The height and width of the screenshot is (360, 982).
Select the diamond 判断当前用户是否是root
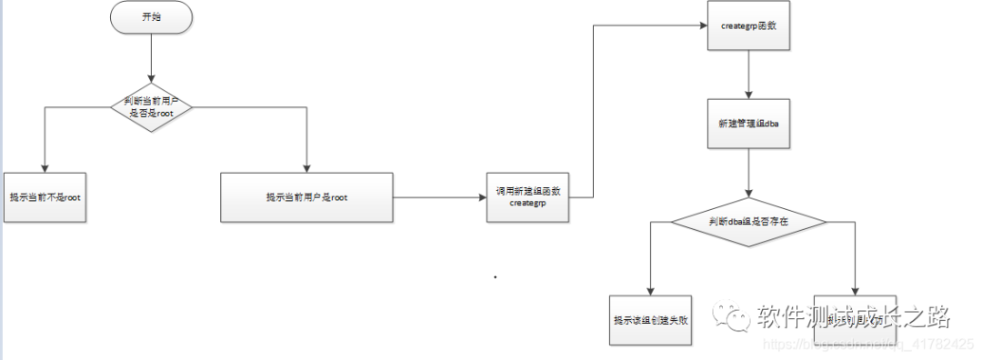point(151,106)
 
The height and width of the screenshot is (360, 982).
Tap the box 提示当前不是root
point(46,195)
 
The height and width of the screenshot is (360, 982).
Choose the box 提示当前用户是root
point(306,196)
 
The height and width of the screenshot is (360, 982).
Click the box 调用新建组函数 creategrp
point(527,197)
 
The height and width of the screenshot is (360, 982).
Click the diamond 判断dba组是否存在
point(747,221)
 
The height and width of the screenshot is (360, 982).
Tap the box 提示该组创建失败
point(651,319)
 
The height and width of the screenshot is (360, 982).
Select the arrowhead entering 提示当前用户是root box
point(306,165)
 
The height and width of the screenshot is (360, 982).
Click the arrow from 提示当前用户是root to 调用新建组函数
point(436,197)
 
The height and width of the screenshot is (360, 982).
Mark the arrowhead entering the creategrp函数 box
point(702,26)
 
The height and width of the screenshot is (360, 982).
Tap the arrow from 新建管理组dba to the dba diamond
point(747,173)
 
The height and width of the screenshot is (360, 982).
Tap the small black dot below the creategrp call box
point(496,275)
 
